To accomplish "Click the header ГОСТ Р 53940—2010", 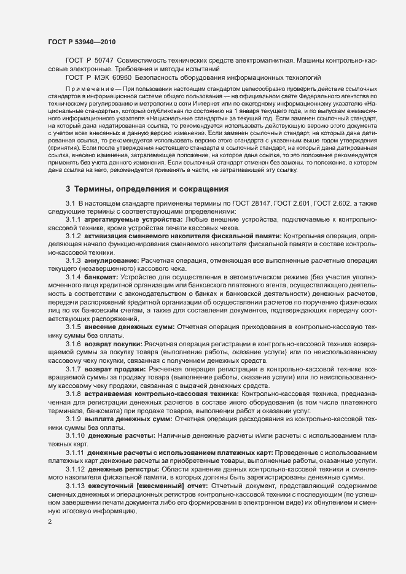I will (81, 42).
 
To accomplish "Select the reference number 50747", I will (100, 61).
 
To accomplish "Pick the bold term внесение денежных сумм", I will (130, 326).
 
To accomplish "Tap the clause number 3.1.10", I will (75, 435).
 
